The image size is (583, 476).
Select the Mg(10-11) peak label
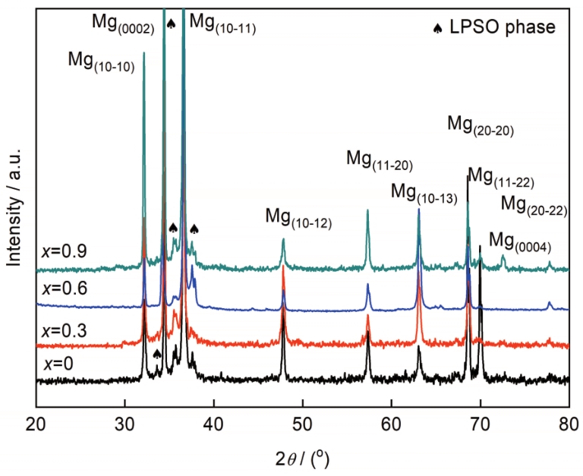(222, 22)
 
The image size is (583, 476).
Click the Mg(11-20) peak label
(380, 159)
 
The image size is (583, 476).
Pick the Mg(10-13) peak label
(424, 193)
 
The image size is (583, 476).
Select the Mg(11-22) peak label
(502, 178)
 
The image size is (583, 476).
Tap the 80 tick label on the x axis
(569, 423)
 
